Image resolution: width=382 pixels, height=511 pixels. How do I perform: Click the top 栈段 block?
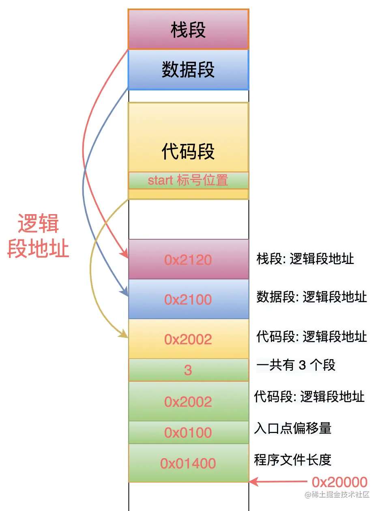(x=188, y=30)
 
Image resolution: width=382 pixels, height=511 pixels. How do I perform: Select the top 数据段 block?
(x=188, y=69)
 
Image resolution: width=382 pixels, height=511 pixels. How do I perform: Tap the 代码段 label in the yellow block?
(x=188, y=152)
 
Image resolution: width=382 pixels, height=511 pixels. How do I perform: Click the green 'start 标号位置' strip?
(x=188, y=180)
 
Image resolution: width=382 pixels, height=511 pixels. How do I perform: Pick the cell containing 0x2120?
(x=188, y=260)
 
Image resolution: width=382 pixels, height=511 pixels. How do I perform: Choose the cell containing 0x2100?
(x=188, y=299)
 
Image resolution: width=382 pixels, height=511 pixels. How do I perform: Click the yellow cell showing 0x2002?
(x=188, y=339)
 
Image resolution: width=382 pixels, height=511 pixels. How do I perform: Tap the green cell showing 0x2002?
(x=188, y=401)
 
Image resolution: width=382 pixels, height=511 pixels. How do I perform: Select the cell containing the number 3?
(x=188, y=370)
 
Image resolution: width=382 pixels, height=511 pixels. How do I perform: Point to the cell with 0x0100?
(x=188, y=433)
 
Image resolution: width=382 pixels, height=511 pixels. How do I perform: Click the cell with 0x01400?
(x=188, y=463)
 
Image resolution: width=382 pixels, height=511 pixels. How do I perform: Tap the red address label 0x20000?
(x=339, y=482)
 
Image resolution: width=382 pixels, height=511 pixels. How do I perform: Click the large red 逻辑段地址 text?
(x=39, y=236)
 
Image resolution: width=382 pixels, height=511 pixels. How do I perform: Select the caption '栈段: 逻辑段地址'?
(x=305, y=259)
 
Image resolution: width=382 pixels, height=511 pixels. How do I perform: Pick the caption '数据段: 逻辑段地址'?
(x=311, y=297)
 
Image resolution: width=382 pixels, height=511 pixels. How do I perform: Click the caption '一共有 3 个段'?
(x=296, y=365)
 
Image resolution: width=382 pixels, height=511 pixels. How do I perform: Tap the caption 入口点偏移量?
(x=293, y=428)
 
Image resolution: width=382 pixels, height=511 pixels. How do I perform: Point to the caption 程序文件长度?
(x=293, y=459)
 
